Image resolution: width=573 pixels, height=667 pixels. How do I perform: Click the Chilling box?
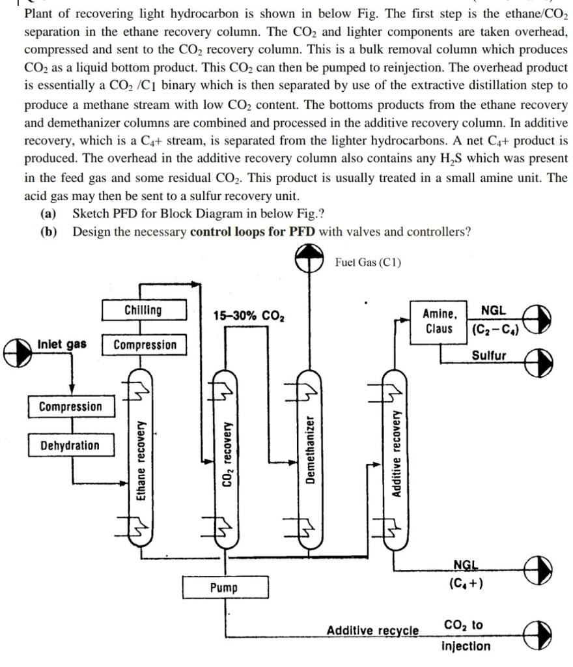coord(144,310)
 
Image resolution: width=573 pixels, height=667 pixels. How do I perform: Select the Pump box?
coord(224,588)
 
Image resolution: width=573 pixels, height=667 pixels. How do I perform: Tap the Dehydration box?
coord(70,446)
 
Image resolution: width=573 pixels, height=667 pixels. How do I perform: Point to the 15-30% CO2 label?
coord(249,316)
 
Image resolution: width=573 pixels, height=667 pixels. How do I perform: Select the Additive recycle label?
coord(372,631)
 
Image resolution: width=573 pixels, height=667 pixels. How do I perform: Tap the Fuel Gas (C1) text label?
coord(369,263)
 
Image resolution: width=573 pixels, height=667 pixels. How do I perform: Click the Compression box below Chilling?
coord(145,345)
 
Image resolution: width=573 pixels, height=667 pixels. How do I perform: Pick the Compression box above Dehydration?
coord(70,406)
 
